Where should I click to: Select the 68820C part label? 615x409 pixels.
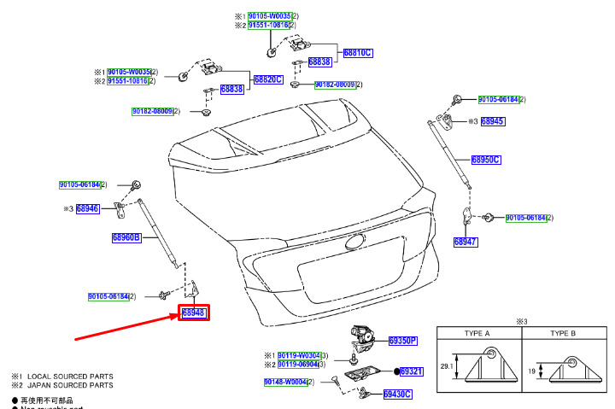pos(268,79)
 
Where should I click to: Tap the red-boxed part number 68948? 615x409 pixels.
pos(194,313)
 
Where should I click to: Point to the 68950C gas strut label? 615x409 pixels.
pos(486,160)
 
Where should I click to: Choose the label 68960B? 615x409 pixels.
pos(126,238)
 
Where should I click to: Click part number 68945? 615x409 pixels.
pos(493,122)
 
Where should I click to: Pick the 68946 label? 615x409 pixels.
pos(88,208)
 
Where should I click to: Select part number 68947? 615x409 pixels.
pos(466,242)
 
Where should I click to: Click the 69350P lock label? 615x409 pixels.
pos(402,341)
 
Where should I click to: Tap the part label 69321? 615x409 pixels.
pos(412,371)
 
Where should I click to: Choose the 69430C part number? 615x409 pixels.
pos(397,394)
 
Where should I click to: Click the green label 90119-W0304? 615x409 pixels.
pos(298,355)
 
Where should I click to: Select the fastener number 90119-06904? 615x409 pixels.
pos(298,365)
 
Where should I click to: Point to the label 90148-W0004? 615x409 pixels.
pos(285,382)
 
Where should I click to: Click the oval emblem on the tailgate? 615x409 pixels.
pos(355,242)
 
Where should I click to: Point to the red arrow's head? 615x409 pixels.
pos(174,318)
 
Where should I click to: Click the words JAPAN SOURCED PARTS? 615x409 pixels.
pos(77,385)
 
